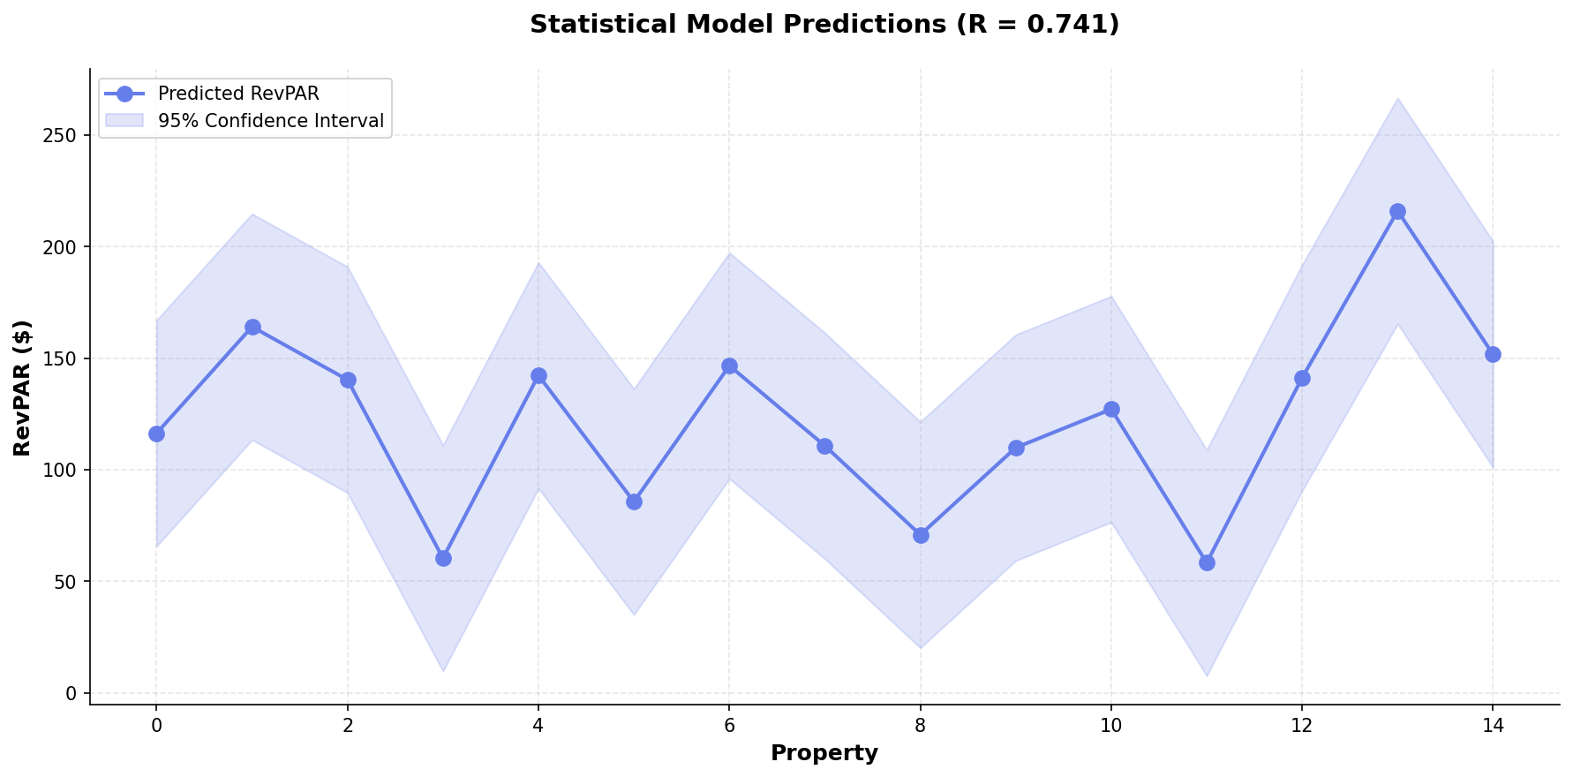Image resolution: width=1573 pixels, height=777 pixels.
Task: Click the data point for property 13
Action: tap(1397, 212)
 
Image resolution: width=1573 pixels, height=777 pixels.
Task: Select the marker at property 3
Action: tap(443, 558)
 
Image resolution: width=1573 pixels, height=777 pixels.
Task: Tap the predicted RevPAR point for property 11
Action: tap(1207, 562)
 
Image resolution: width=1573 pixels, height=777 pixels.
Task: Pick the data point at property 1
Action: tap(252, 327)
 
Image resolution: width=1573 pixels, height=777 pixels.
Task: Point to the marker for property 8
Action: tap(921, 535)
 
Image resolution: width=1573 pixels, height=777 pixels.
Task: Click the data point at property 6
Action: tap(729, 366)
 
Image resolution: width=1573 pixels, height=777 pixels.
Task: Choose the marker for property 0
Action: tap(156, 434)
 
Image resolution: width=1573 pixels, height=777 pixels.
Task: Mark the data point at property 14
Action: tap(1493, 354)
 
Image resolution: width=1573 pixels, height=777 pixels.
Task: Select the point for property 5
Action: tap(634, 502)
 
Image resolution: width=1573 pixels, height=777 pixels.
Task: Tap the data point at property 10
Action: tap(1111, 409)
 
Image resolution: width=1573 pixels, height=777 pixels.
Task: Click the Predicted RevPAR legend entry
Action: tap(237, 94)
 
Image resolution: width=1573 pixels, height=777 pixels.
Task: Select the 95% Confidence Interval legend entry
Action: tap(270, 121)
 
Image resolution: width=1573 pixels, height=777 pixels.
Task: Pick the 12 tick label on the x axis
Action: tap(1302, 727)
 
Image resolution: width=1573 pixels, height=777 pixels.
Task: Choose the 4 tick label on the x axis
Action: tap(538, 727)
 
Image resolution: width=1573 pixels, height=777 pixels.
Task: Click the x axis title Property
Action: tap(824, 753)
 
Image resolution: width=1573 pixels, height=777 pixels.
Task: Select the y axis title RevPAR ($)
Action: tap(23, 388)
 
